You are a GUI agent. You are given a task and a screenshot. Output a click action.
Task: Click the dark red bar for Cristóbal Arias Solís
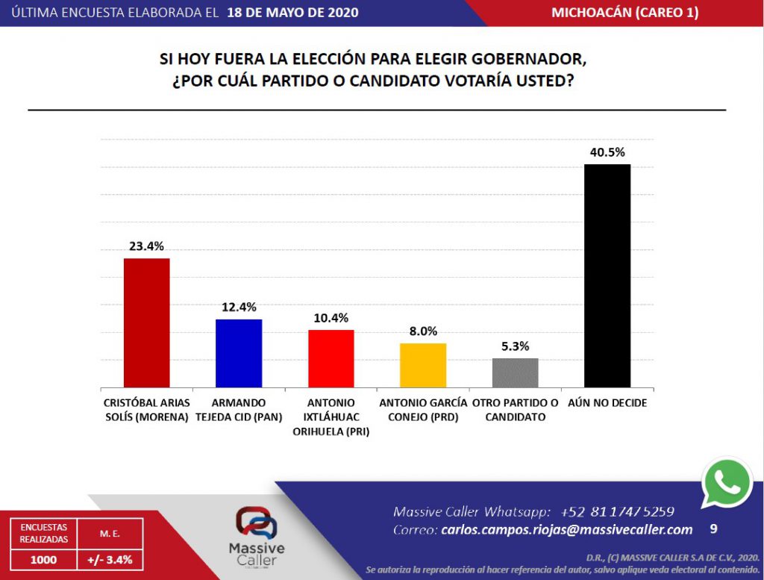147,322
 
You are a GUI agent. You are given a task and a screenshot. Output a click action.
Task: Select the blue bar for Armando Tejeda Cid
239,353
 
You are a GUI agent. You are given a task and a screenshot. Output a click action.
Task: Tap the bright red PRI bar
331,359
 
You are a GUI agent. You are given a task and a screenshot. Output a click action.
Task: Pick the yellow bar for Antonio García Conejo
423,366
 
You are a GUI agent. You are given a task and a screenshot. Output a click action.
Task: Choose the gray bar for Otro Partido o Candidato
515,373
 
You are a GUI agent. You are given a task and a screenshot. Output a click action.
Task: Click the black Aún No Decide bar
607,276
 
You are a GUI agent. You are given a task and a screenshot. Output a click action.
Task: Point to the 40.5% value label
607,152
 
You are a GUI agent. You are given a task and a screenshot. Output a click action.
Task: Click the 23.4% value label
146,246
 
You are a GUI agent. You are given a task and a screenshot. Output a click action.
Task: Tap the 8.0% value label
423,331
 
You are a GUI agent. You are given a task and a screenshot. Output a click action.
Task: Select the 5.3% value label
515,346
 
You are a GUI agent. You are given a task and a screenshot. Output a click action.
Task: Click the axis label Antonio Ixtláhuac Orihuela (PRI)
331,417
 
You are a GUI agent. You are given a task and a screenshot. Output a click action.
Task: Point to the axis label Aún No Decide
607,403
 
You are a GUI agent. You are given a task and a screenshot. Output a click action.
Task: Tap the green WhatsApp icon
727,483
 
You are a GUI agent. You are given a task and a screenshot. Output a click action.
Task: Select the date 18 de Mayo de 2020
292,12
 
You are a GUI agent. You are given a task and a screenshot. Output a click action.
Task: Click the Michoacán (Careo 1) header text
625,12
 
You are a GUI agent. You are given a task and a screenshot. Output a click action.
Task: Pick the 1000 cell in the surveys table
43,560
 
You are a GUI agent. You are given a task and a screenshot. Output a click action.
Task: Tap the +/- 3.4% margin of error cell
110,560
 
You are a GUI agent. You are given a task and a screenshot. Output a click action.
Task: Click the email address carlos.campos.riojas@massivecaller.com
567,530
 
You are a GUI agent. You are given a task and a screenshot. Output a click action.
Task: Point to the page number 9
713,528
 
